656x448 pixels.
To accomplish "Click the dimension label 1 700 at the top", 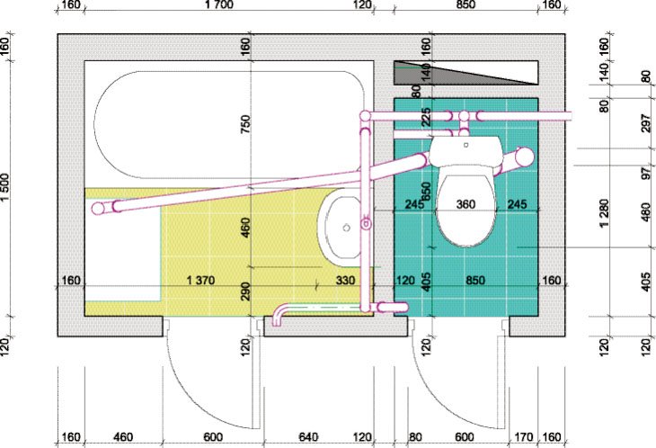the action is [218, 5].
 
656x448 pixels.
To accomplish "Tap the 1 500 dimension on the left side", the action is [5, 187].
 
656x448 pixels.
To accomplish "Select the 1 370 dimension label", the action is [200, 280].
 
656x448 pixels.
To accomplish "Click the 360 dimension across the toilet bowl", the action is [465, 204].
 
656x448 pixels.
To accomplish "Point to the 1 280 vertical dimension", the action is [604, 213].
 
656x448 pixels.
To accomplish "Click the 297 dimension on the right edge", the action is [646, 123].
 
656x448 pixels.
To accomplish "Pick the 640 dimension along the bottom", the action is [308, 437].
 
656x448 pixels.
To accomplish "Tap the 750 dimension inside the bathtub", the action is [245, 124].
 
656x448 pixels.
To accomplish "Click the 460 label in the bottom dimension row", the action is [123, 437].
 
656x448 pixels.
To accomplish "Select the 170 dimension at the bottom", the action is [523, 437].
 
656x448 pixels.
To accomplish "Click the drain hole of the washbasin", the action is [346, 228].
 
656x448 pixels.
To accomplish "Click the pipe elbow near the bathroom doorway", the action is [279, 312].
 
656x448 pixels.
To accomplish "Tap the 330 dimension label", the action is [345, 280].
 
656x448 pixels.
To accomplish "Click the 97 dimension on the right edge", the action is [646, 173].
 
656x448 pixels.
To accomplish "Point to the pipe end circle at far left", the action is [98, 208].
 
